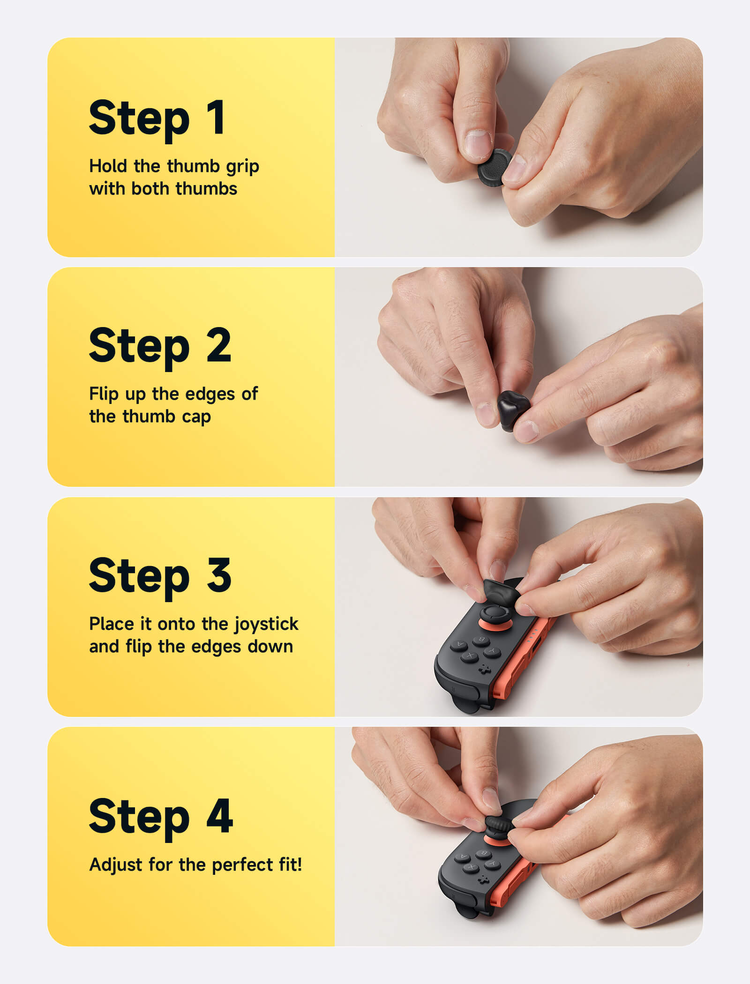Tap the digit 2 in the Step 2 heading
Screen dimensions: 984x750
[x=218, y=345]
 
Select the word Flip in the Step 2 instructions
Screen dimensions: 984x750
[x=104, y=394]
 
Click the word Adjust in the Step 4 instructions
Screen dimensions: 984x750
[x=115, y=865]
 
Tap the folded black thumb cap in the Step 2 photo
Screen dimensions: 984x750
[x=513, y=409]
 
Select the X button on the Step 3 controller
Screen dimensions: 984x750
[x=470, y=656]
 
